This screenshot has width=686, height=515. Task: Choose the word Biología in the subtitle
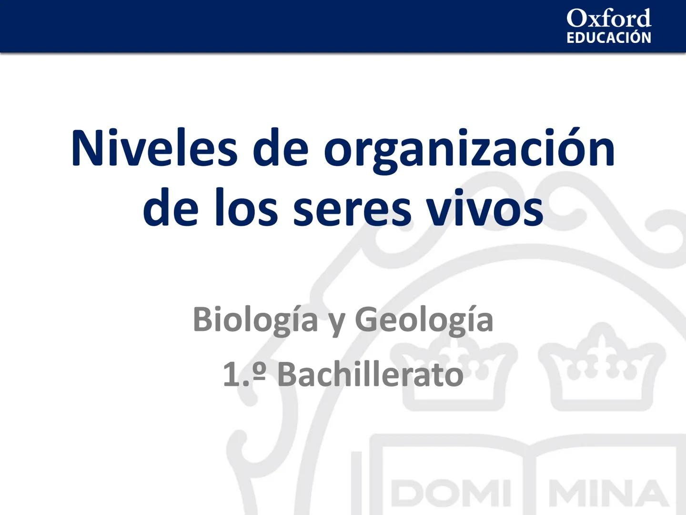tap(255, 320)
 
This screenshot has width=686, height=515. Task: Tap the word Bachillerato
tap(370, 375)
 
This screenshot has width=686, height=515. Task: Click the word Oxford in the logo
tap(608, 19)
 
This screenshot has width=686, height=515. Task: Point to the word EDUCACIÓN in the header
tap(608, 38)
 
